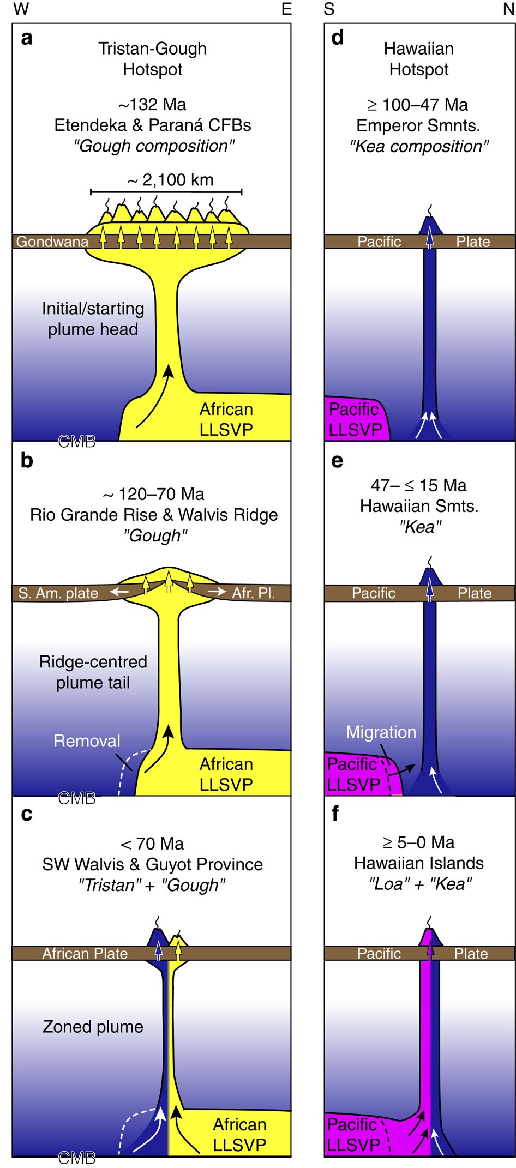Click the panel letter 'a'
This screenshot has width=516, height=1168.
(x=27, y=39)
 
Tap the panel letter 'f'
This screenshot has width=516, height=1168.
(x=335, y=814)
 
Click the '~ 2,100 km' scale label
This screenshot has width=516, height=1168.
(x=171, y=180)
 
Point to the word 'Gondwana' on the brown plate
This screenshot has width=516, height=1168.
(x=52, y=242)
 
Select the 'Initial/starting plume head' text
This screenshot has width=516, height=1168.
(x=93, y=319)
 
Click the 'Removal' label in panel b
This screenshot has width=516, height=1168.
(x=87, y=741)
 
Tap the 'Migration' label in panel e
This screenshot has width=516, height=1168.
(x=381, y=732)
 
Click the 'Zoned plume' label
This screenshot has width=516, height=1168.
(x=93, y=1027)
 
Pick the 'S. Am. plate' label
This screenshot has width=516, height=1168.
(x=58, y=593)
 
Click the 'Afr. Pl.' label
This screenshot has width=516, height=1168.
(x=254, y=593)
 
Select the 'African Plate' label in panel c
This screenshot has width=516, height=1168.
(x=85, y=953)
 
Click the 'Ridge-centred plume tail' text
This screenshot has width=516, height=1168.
(x=93, y=672)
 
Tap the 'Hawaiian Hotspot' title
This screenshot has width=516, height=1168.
(x=419, y=59)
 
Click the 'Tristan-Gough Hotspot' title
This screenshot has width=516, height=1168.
(x=153, y=59)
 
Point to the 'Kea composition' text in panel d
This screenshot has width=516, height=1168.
(x=419, y=146)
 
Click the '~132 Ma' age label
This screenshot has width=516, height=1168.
(x=153, y=104)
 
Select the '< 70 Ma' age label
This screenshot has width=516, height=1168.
(x=153, y=844)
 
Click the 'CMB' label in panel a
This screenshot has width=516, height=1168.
(x=77, y=442)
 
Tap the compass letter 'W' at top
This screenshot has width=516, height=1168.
(x=21, y=9)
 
